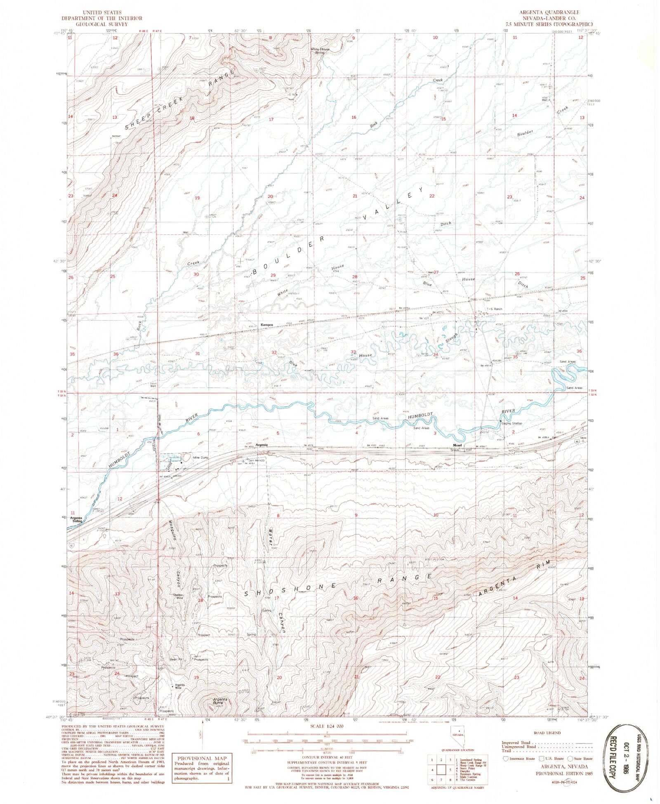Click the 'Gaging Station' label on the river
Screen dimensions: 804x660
point(511,423)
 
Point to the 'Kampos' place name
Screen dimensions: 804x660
point(267,325)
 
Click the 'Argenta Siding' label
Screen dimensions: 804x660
point(76,519)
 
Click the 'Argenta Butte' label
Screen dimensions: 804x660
point(220,701)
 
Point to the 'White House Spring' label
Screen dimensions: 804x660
point(320,51)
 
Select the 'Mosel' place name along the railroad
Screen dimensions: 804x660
point(457,445)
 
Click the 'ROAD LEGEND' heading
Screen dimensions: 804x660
point(547,733)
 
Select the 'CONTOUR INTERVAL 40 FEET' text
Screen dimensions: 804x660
point(326,758)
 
